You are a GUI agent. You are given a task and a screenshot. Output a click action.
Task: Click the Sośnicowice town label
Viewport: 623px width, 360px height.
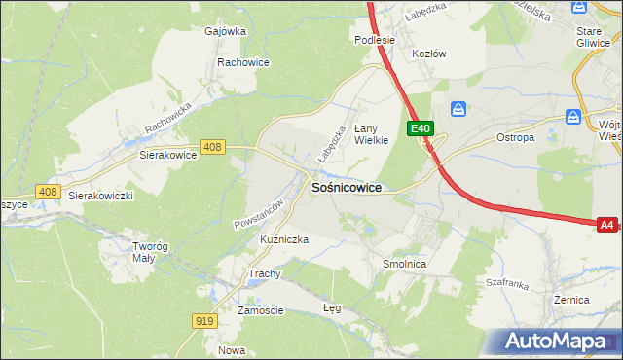pos(345,188)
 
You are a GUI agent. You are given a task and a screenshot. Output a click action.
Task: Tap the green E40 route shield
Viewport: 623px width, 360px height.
pos(421,127)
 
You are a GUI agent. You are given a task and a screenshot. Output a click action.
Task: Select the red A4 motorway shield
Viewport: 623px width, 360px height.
pos(606,225)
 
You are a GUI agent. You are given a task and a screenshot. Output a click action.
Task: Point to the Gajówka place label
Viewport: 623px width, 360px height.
pos(225,30)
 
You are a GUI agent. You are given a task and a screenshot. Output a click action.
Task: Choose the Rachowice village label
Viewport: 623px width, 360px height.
pos(242,61)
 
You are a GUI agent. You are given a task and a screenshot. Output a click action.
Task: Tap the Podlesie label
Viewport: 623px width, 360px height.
pos(375,40)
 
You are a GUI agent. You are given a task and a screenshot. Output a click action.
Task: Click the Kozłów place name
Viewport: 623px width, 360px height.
pos(428,54)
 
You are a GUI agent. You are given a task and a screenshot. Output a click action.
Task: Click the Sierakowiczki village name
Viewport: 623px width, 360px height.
pos(100,195)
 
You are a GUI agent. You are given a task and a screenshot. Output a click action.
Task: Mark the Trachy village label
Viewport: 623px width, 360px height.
pos(264,273)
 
